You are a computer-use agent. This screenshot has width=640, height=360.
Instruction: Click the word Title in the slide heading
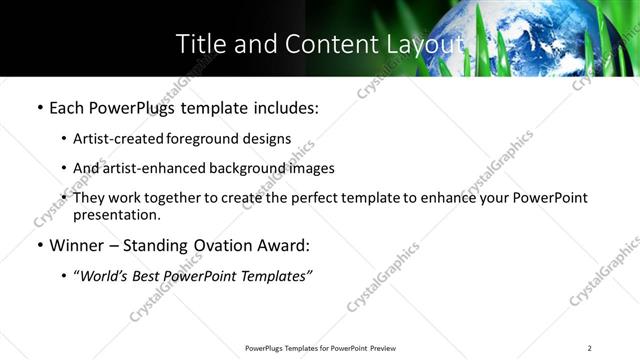point(198,44)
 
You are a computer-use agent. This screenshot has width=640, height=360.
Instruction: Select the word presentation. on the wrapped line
point(116,215)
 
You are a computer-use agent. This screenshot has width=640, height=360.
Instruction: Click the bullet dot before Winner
point(39,245)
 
